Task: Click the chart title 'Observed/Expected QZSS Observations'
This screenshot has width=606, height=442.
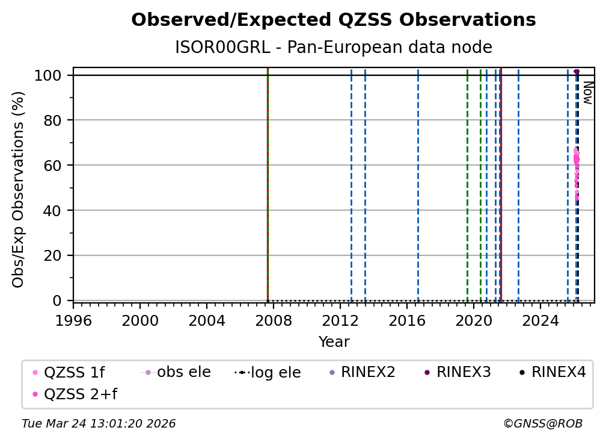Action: [x=333, y=20]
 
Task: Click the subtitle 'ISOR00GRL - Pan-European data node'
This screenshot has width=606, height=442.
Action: [x=333, y=48]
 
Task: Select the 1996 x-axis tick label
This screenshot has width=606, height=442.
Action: [x=73, y=320]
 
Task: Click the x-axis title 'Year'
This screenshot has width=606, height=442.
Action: [x=334, y=342]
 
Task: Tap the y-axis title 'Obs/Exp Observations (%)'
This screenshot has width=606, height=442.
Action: [x=18, y=189]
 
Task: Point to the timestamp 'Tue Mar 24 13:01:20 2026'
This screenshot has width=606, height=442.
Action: [x=99, y=424]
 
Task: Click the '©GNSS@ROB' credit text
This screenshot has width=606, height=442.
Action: [x=542, y=424]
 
